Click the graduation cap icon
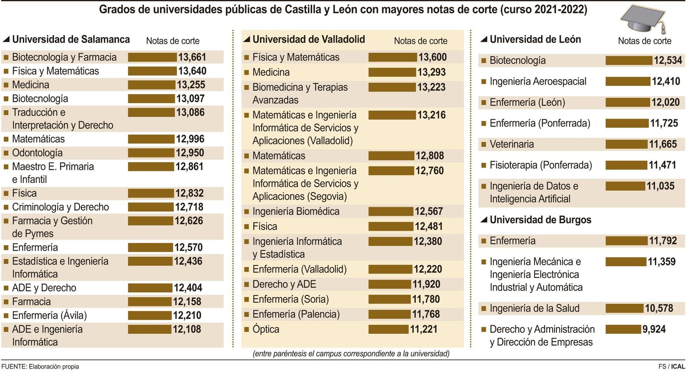point(643,20)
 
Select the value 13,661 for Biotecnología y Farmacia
point(192,57)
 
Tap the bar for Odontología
point(151,153)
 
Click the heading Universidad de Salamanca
point(71,40)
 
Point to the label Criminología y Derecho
point(61,207)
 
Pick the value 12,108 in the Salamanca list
point(187,329)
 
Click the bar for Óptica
point(388,329)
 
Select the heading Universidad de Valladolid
point(308,40)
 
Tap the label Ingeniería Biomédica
point(296,211)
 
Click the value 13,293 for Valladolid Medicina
point(432,72)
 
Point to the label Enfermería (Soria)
point(291,299)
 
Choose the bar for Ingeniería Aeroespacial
point(627,82)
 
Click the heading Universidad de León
point(535,40)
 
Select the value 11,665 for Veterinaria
point(663,144)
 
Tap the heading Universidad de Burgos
point(540,220)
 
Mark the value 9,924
point(654,329)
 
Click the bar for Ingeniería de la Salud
point(624,308)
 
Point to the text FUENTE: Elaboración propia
point(40,366)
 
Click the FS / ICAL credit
point(672,366)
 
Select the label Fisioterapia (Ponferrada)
point(541,165)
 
